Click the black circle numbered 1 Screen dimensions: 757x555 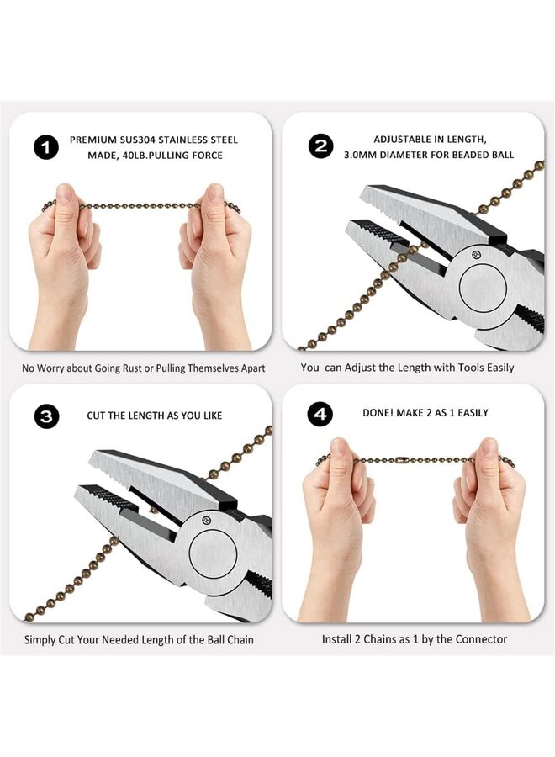(46, 148)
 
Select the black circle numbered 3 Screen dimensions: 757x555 (46, 416)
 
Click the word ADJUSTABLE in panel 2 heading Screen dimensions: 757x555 (403, 140)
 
